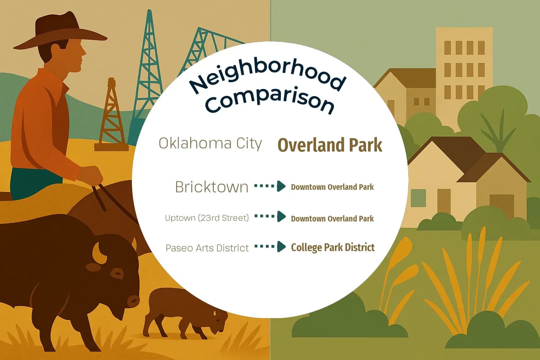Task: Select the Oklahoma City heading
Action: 210,143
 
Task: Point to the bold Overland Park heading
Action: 330,145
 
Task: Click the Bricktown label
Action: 212,187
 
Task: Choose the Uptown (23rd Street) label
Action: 207,218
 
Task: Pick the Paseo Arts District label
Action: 207,248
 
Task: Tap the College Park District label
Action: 333,247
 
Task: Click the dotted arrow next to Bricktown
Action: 270,186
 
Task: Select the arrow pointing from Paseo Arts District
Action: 270,246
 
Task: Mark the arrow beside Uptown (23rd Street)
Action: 270,217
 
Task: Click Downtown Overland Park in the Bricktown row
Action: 332,187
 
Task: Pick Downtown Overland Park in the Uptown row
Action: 332,219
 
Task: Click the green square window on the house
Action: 418,198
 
